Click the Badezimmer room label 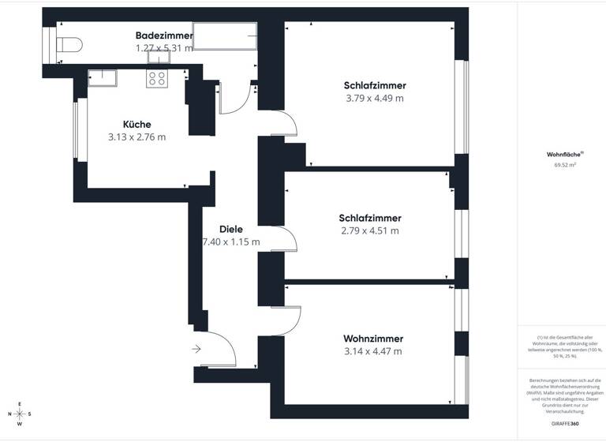164,36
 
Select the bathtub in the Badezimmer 226,36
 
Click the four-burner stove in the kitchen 156,78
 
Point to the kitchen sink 102,76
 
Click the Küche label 137,124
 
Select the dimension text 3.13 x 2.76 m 137,137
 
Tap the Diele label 231,229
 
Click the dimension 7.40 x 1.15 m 231,242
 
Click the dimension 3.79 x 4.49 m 374,99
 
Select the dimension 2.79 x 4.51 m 369,231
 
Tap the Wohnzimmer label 374,338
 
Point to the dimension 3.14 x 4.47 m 373,351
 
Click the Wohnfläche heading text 564,155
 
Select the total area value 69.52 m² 564,166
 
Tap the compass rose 20,414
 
